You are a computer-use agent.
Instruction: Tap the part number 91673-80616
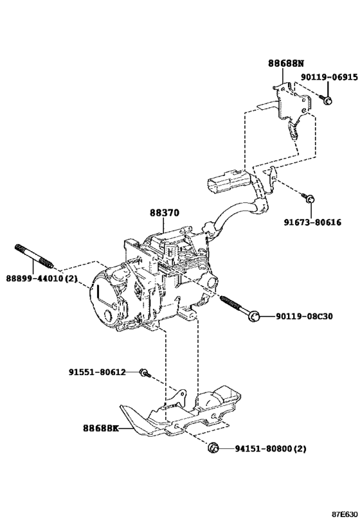pos(312,223)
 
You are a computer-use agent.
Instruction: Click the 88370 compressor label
pos(165,213)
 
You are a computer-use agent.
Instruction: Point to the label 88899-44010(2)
pos(42,278)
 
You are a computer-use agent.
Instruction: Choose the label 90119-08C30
pos(305,316)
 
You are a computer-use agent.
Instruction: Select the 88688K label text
pos(101,428)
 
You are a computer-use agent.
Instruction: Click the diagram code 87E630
pos(344,514)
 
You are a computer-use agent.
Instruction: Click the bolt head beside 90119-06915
pos(327,100)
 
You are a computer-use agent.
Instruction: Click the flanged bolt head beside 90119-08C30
pos(254,315)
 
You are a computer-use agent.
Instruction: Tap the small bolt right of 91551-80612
pos(145,373)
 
